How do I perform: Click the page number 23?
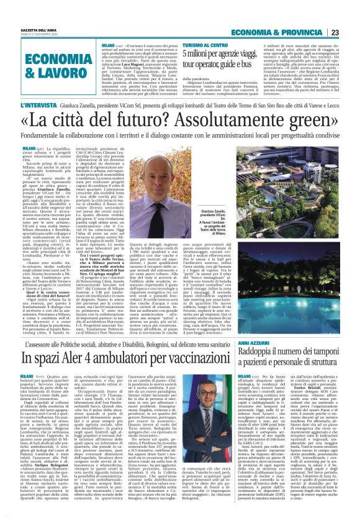tap(352, 15)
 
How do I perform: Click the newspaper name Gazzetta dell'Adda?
tap(22, 12)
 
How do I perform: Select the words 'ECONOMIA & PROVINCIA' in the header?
tap(298, 15)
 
